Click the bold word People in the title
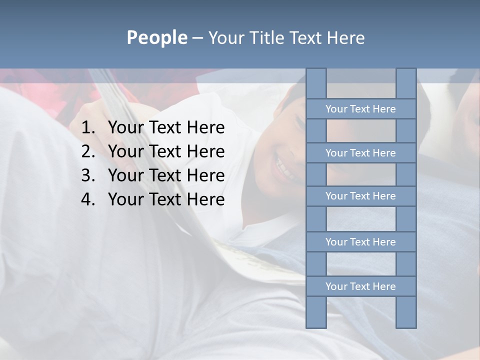156,38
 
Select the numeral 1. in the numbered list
88,128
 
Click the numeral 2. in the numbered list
88,151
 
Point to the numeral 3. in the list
88,175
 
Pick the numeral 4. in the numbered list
88,199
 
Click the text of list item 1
166,128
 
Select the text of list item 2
166,151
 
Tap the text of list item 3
166,175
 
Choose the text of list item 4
166,199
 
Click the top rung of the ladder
360,109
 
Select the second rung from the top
360,153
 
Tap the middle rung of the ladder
360,196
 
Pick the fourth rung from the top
360,242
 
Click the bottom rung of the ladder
360,286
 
